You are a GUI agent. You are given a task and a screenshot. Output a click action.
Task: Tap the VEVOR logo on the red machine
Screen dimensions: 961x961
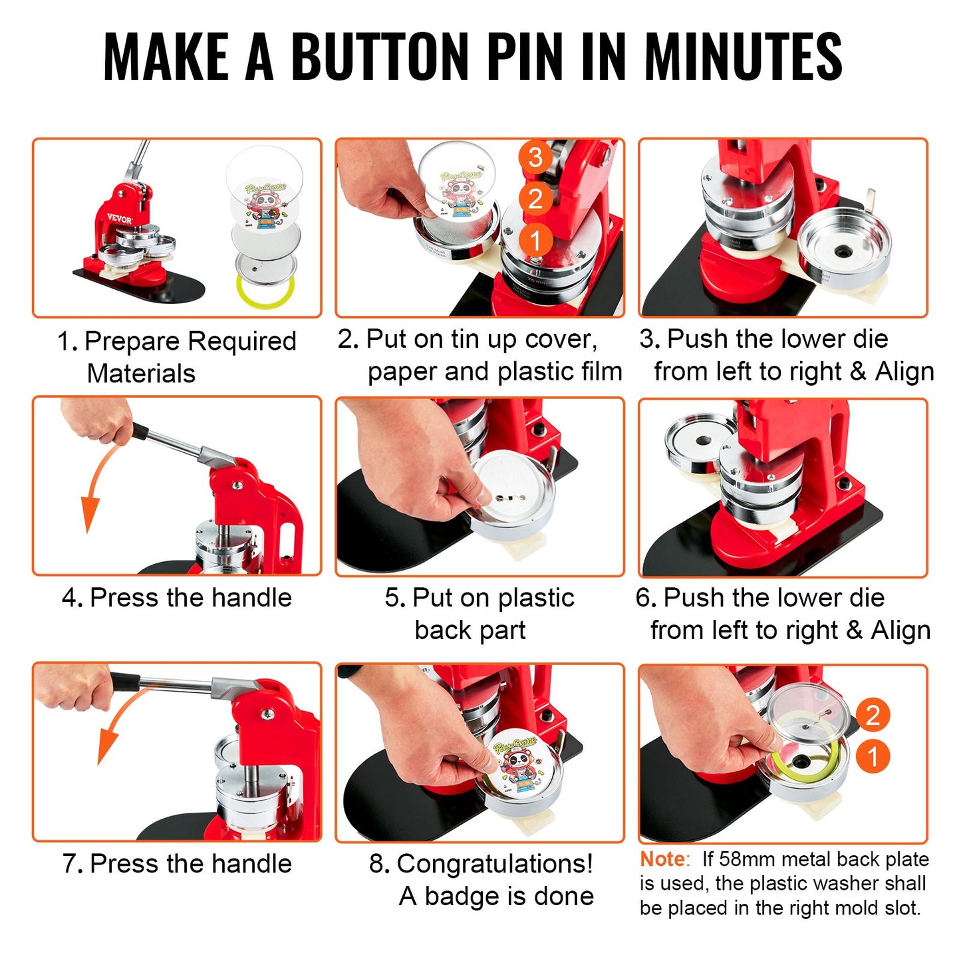[x=120, y=218]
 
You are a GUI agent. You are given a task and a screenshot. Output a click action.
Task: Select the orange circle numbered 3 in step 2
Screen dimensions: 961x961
[x=535, y=158]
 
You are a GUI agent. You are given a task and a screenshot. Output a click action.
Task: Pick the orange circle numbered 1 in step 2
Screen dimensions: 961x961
[x=535, y=239]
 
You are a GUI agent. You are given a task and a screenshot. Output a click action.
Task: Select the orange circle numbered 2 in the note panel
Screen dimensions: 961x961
[x=873, y=715]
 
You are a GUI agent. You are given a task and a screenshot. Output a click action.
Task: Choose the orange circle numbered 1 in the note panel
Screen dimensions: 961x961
[x=873, y=757]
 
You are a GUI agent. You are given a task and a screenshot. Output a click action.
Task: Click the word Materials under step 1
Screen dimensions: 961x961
[x=141, y=374]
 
